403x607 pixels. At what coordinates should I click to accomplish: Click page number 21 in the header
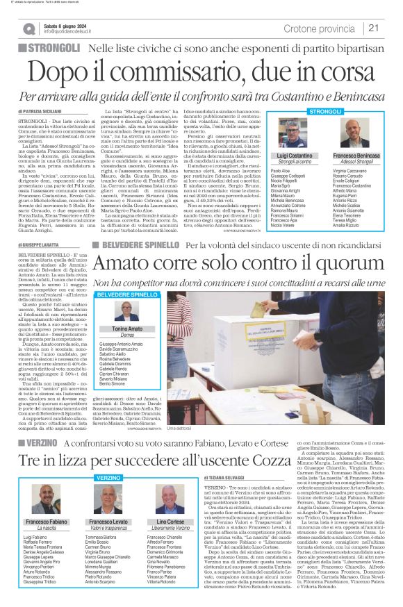point(374,28)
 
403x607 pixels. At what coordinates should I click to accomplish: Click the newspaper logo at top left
point(28,28)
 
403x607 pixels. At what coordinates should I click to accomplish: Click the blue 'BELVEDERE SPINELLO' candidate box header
point(127,295)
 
